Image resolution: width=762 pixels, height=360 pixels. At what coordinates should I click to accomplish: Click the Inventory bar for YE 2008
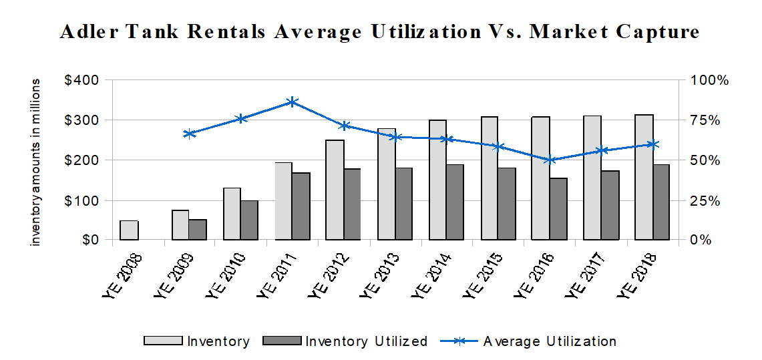click(129, 230)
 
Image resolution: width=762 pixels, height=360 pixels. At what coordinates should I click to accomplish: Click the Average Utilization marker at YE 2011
click(292, 102)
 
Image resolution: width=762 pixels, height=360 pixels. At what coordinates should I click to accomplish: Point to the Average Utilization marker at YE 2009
click(189, 134)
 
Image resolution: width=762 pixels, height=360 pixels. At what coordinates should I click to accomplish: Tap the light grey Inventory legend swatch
click(163, 341)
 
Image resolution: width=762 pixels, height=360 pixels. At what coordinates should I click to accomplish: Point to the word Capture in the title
click(658, 32)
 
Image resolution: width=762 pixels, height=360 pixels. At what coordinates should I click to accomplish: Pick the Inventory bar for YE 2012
click(335, 190)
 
